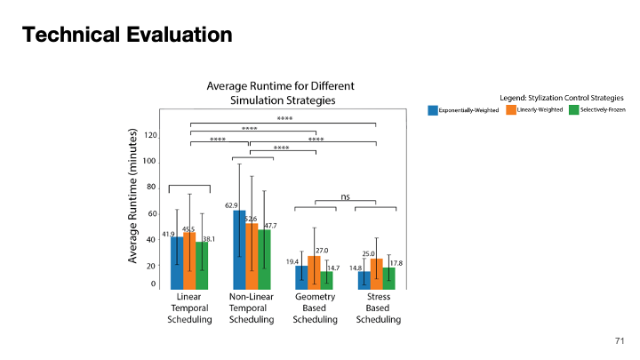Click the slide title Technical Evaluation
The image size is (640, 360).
coord(127,36)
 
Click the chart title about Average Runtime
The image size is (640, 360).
coord(280,93)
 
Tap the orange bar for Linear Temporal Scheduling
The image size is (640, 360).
coord(189,260)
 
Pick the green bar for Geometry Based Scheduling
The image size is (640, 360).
coord(327,279)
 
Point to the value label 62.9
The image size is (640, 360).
coord(230,205)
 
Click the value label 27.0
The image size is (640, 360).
coord(323,251)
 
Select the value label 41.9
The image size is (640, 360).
coord(168,234)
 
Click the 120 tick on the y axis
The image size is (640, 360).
coord(151,135)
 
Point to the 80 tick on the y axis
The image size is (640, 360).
coord(153,188)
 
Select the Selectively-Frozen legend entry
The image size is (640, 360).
coord(596,110)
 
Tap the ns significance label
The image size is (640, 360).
coord(346,196)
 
